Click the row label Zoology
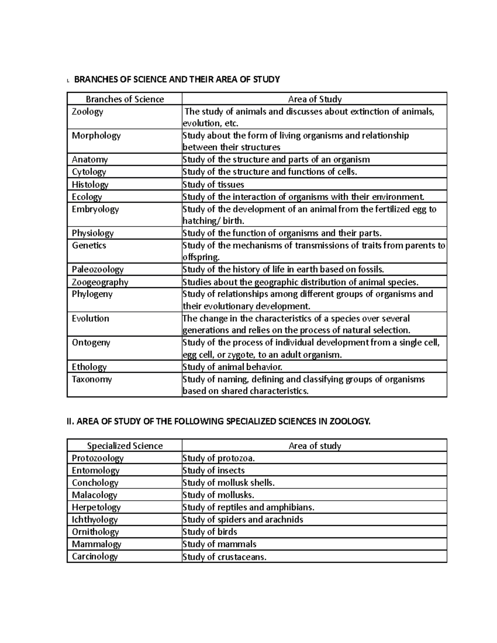click(87, 112)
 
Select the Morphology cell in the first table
click(96, 136)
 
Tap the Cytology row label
click(89, 172)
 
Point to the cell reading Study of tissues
click(213, 185)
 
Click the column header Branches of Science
click(125, 99)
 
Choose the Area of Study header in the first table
click(315, 99)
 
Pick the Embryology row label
click(95, 209)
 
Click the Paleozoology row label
click(98, 270)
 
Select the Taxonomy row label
click(92, 379)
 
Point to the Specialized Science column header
click(125, 446)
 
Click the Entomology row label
click(96, 470)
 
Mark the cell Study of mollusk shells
click(229, 483)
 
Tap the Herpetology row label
click(96, 507)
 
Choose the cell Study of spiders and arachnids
click(243, 520)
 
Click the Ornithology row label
click(95, 532)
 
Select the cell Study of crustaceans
click(224, 557)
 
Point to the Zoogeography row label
click(100, 282)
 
